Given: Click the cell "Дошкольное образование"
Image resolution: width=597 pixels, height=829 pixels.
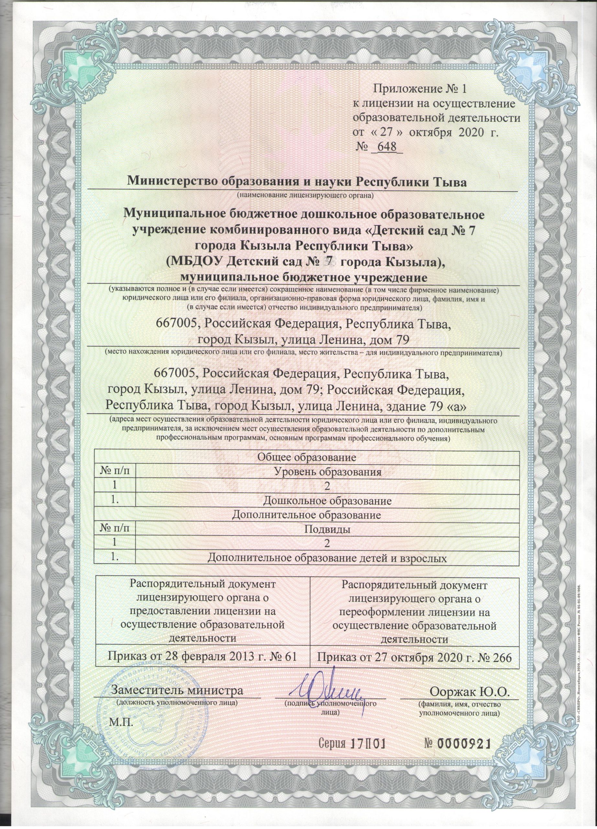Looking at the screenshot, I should (327, 501).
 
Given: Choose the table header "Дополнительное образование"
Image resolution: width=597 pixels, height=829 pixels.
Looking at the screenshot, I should (307, 516).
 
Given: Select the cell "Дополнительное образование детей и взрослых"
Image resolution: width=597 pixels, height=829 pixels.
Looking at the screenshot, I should (327, 558).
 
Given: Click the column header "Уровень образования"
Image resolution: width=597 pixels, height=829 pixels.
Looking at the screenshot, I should (327, 471).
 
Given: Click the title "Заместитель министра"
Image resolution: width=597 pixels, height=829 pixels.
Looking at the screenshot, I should (177, 690).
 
